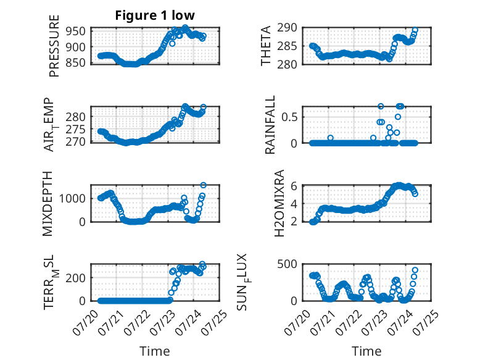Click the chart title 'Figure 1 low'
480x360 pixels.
[155, 15]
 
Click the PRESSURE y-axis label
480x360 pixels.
[54, 46]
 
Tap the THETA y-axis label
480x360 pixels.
[266, 46]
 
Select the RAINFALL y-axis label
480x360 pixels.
[270, 125]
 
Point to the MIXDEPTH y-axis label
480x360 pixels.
[48, 204]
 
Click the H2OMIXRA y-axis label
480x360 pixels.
[279, 203]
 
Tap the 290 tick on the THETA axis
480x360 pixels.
[287, 28]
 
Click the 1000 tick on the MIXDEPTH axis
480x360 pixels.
[72, 198]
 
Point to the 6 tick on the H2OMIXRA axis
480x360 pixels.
[294, 186]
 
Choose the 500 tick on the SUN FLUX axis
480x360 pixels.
[287, 264]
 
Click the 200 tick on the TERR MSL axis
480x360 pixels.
[76, 278]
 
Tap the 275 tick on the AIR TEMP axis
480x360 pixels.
[76, 130]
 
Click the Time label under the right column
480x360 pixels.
[366, 351]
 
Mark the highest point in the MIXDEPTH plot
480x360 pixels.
[203, 185]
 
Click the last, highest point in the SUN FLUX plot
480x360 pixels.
[415, 270]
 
